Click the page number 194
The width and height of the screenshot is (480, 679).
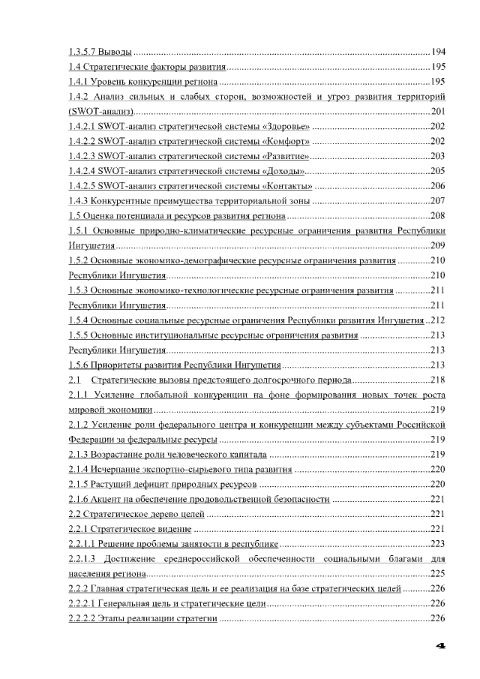[439, 52]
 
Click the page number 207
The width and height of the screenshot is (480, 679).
[439, 201]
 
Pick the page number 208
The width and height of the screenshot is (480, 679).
[439, 216]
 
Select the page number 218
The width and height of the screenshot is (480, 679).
[439, 380]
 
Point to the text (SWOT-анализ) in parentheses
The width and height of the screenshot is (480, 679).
[101, 111]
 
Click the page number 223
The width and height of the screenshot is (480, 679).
[439, 544]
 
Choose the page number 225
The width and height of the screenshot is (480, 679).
[439, 574]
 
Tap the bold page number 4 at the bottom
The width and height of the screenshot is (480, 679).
[442, 645]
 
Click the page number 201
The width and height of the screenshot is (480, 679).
[439, 111]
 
